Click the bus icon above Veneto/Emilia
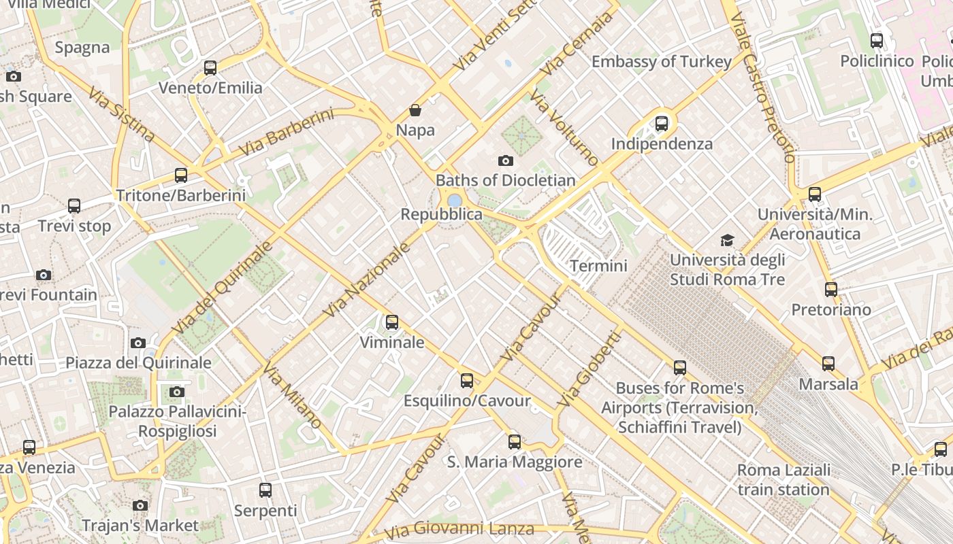click(x=210, y=68)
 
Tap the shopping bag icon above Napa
click(x=415, y=110)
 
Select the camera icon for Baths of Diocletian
click(x=505, y=160)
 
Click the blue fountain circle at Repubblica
click(x=454, y=200)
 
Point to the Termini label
click(x=598, y=265)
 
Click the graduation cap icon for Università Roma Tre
click(x=728, y=240)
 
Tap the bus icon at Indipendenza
click(x=662, y=124)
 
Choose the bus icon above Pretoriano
click(x=831, y=290)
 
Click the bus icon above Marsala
click(x=828, y=364)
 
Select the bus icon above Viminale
click(x=392, y=322)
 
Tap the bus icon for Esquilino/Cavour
click(x=467, y=381)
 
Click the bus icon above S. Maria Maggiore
click(x=515, y=442)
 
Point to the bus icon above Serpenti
click(x=265, y=490)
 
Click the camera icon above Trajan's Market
click(x=140, y=505)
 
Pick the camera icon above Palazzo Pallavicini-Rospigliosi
click(x=177, y=392)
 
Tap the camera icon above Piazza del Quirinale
click(x=138, y=343)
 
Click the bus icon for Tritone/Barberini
click(x=181, y=175)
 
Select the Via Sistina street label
click(x=122, y=114)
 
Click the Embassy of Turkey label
click(x=662, y=62)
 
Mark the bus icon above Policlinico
click(x=877, y=41)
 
